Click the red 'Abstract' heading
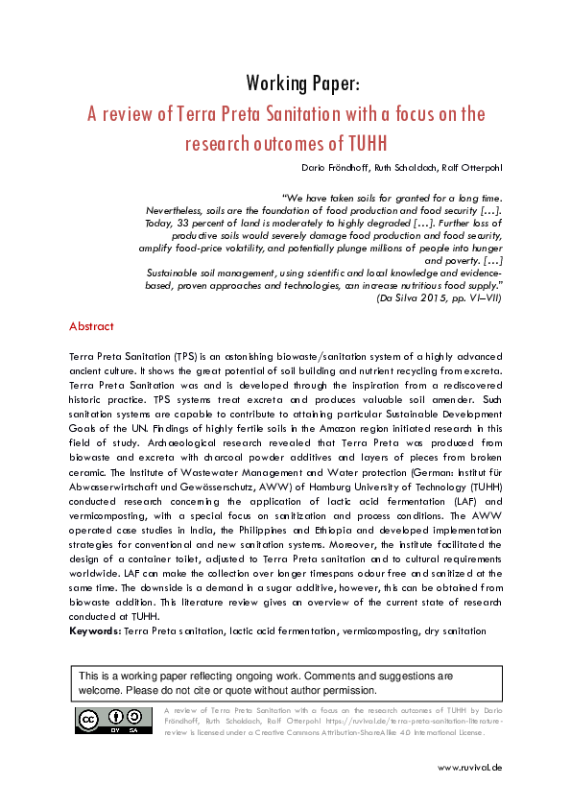click(91, 327)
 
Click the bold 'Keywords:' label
click(95, 630)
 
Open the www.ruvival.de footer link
click(469, 767)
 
